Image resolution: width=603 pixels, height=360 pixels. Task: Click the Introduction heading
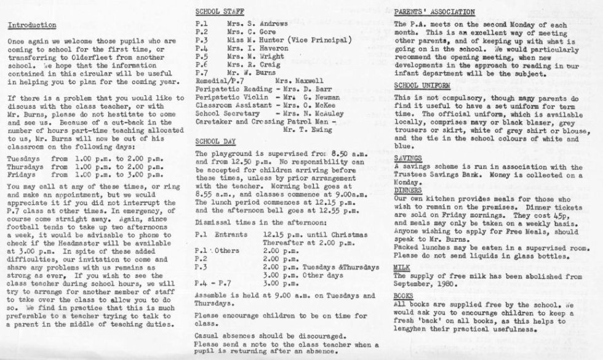[x=32, y=25]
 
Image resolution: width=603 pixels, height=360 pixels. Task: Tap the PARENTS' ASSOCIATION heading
[x=434, y=12]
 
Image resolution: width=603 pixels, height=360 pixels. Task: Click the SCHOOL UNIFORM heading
[x=421, y=85]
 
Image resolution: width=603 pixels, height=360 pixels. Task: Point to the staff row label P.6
[x=201, y=64]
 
